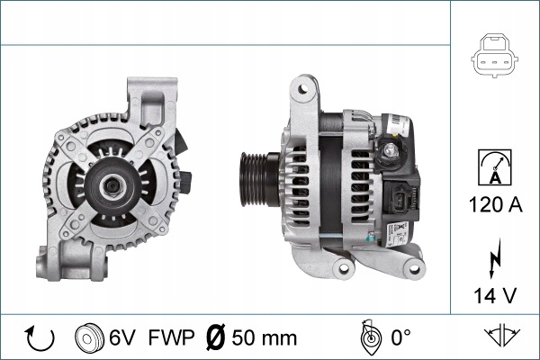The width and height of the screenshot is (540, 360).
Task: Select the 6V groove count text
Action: (x=122, y=337)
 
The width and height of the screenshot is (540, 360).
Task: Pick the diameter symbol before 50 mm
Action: (x=215, y=337)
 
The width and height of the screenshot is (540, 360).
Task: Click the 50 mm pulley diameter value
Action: (x=264, y=337)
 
